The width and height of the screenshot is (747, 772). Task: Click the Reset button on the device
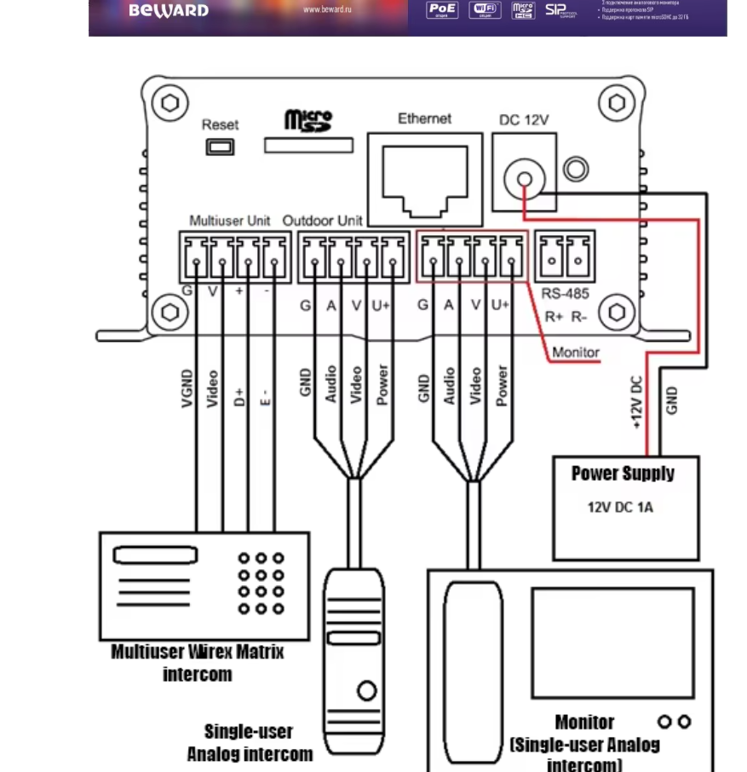coord(220,147)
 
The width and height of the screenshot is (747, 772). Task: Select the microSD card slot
coord(308,146)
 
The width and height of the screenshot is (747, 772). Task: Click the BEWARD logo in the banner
coord(168,11)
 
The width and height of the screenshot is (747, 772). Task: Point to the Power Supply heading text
coord(623,474)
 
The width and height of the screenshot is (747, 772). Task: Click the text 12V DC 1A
coord(620,507)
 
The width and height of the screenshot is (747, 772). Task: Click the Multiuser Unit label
coord(230,220)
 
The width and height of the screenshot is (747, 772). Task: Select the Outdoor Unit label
coord(323,220)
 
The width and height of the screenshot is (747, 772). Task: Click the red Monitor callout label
coord(575,352)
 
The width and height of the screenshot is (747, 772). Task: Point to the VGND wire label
coord(188,389)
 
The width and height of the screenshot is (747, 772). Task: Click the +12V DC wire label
coord(638,403)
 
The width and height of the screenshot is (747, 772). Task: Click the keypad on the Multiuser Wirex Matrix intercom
coord(261,583)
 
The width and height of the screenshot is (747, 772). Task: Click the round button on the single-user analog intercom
coord(367,691)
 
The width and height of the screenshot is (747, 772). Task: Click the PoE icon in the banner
coord(442,10)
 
